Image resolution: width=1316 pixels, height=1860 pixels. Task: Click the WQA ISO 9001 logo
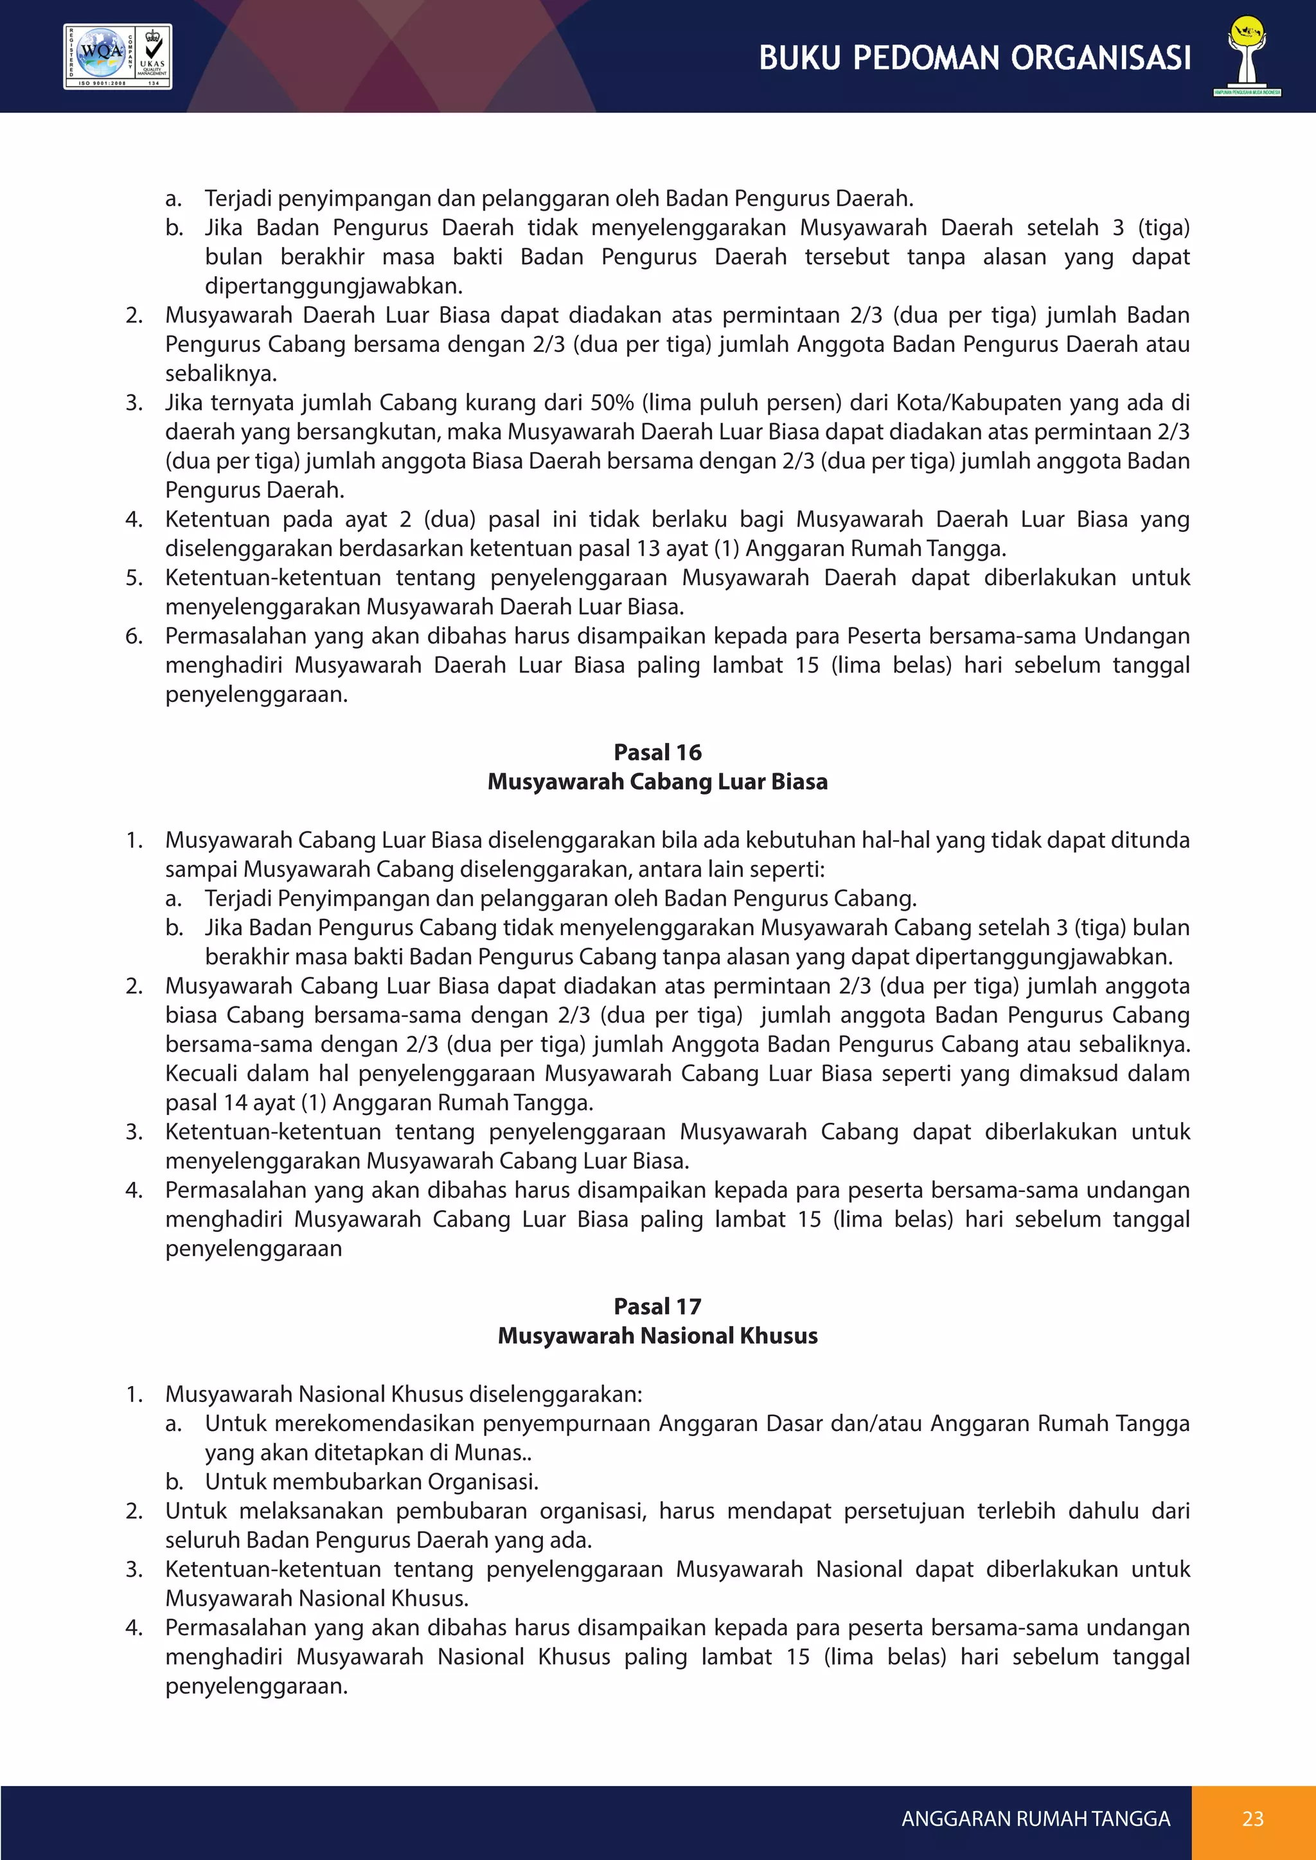(x=118, y=56)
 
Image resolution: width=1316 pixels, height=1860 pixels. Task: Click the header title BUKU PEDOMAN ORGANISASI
(x=975, y=58)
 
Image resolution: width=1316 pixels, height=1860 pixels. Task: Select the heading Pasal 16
(x=657, y=752)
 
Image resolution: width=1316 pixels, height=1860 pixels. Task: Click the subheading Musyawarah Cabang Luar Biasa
(x=657, y=781)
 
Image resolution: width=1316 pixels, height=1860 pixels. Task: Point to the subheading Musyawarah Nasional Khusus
(x=657, y=1335)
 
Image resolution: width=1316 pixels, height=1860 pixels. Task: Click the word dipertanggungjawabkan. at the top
(x=333, y=285)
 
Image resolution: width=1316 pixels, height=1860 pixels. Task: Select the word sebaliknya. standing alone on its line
(x=220, y=373)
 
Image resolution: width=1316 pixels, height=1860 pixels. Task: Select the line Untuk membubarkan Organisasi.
(x=371, y=1481)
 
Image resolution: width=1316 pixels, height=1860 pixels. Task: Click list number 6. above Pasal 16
(x=134, y=635)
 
